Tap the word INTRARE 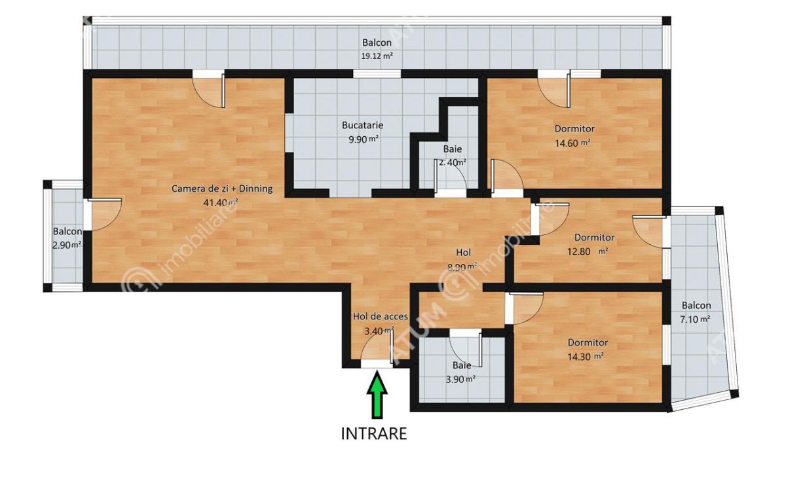coord(374,433)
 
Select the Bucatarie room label coord(362,125)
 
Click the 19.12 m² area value coord(377,56)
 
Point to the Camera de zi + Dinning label coord(222,189)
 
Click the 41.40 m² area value coord(221,203)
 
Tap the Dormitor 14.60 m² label coord(574,128)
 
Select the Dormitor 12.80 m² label coord(594,238)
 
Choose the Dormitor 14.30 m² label coord(588,342)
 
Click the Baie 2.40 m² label coord(452,149)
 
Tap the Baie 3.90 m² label coord(461,366)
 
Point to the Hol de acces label coord(381,316)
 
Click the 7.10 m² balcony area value coord(696,319)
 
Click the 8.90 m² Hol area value coord(462,266)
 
